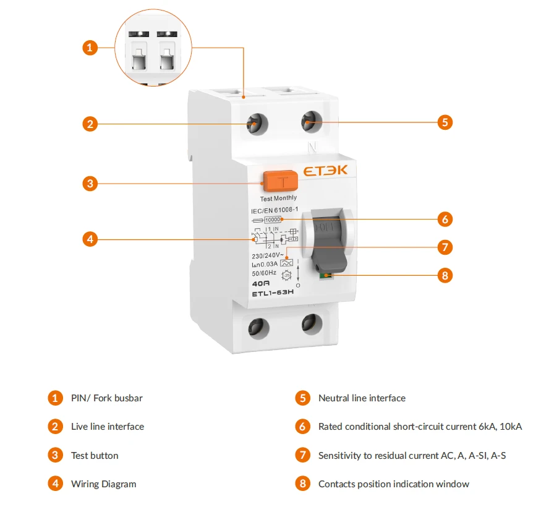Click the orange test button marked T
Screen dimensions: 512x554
point(280,181)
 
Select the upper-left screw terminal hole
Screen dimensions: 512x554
point(255,125)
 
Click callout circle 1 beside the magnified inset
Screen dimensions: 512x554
point(90,47)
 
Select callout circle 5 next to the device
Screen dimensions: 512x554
point(445,122)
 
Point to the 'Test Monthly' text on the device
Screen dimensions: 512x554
point(278,198)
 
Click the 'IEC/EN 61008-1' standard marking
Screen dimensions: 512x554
point(275,211)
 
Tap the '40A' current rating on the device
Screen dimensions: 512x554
point(261,283)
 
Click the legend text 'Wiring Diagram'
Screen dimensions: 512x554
point(103,484)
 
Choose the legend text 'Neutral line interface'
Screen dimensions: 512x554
point(362,398)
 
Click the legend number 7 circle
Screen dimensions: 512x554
point(302,456)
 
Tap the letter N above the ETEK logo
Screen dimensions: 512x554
point(312,147)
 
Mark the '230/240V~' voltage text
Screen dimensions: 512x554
point(267,255)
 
